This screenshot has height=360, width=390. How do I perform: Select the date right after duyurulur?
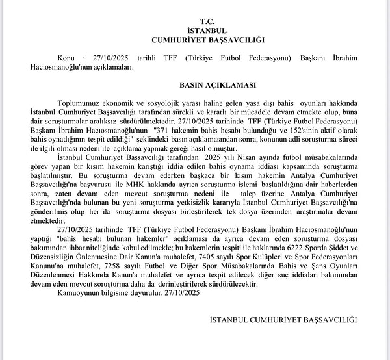183,292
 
